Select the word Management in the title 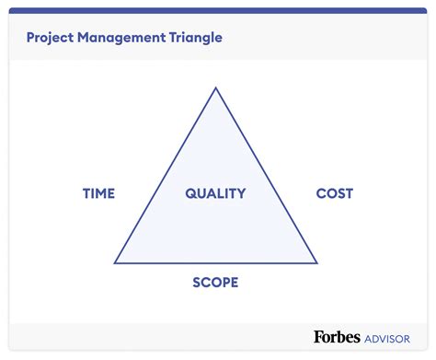pyautogui.click(x=123, y=39)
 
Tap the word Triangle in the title pyautogui.click(x=193, y=39)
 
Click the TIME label pyautogui.click(x=98, y=193)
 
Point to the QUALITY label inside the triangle pyautogui.click(x=215, y=193)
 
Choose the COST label pyautogui.click(x=334, y=193)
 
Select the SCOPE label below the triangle pyautogui.click(x=215, y=283)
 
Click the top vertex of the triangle pyautogui.click(x=215, y=88)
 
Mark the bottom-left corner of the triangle pyautogui.click(x=115, y=263)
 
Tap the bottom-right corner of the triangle pyautogui.click(x=316, y=263)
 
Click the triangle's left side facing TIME pyautogui.click(x=166, y=175)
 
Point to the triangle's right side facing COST pyautogui.click(x=266, y=175)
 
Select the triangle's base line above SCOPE pyautogui.click(x=215, y=263)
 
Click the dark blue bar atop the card pyautogui.click(x=218, y=11)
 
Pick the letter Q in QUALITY pyautogui.click(x=190, y=193)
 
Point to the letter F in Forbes pyautogui.click(x=318, y=338)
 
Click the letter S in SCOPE pyautogui.click(x=196, y=283)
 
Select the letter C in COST pyautogui.click(x=321, y=193)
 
